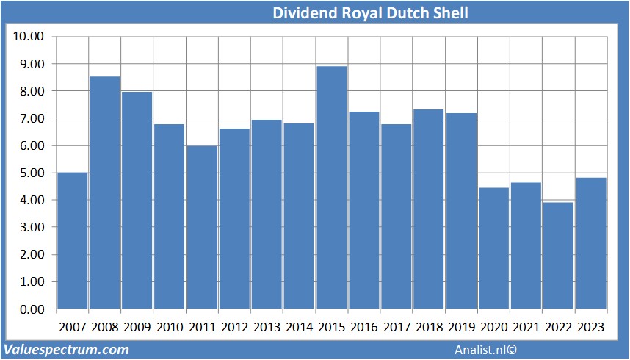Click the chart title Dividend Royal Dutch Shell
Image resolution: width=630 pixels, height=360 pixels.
click(370, 13)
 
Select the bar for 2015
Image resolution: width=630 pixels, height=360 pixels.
click(331, 187)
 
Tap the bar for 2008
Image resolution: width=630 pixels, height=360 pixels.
click(104, 192)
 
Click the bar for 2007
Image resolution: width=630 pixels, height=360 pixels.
click(72, 240)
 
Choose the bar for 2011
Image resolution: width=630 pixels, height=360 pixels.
click(202, 227)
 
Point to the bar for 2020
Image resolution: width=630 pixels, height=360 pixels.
click(493, 248)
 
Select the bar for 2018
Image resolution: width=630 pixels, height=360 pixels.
click(429, 209)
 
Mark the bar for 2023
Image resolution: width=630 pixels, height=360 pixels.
click(590, 242)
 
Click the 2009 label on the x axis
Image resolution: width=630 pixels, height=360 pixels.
click(137, 327)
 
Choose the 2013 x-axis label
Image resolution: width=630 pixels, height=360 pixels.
click(267, 327)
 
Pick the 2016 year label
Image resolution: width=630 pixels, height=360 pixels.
click(363, 327)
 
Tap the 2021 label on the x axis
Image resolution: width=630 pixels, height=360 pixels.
click(526, 327)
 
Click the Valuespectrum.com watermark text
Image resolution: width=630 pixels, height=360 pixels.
click(67, 349)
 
